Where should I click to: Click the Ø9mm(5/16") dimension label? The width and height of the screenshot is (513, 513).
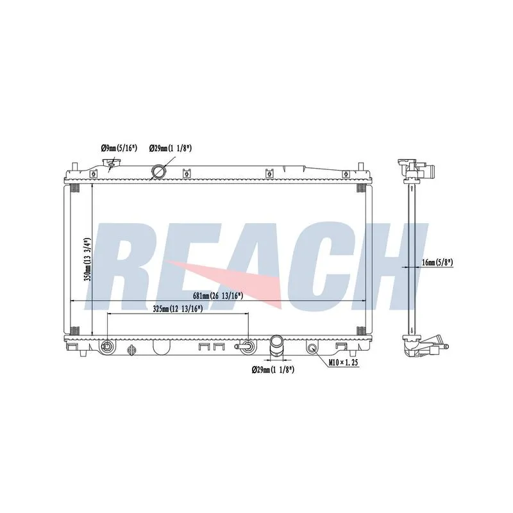click(119, 148)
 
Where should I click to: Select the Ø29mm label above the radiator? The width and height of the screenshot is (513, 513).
click(170, 148)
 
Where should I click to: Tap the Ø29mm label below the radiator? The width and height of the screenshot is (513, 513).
click(273, 370)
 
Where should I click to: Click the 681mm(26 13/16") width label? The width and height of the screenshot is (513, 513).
click(217, 296)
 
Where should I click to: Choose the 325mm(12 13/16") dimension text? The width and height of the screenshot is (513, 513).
click(178, 308)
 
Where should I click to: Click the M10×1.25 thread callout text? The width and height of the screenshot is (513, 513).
click(344, 362)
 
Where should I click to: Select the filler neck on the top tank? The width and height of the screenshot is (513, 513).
click(110, 165)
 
